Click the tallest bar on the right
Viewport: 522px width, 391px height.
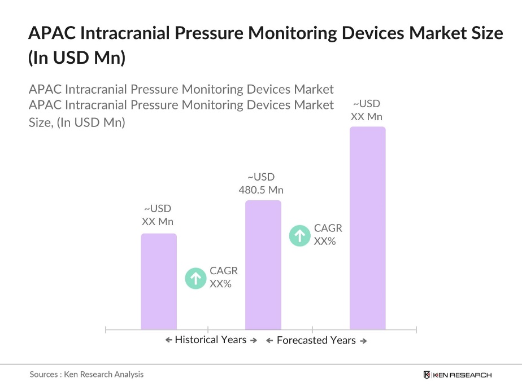point(367,228)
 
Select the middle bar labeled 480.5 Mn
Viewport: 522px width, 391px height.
point(263,265)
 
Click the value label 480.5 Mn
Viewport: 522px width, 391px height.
point(260,190)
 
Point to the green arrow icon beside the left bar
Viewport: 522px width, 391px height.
point(196,278)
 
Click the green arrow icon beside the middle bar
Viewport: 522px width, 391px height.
point(300,235)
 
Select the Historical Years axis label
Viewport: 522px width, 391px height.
point(210,340)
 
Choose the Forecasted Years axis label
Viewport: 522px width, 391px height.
point(316,340)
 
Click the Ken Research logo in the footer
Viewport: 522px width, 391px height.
point(458,375)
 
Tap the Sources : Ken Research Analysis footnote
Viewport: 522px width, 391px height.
point(86,374)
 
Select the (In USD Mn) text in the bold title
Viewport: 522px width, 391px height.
point(76,58)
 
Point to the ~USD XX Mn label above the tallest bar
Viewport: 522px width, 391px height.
point(367,110)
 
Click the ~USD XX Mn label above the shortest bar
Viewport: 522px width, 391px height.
point(158,215)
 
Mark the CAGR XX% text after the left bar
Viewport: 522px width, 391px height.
point(223,278)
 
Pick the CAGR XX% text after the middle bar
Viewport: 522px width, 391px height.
point(328,235)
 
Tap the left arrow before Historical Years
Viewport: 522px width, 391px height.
point(168,340)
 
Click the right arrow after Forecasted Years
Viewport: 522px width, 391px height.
point(363,341)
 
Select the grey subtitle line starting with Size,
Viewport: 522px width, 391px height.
point(77,122)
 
